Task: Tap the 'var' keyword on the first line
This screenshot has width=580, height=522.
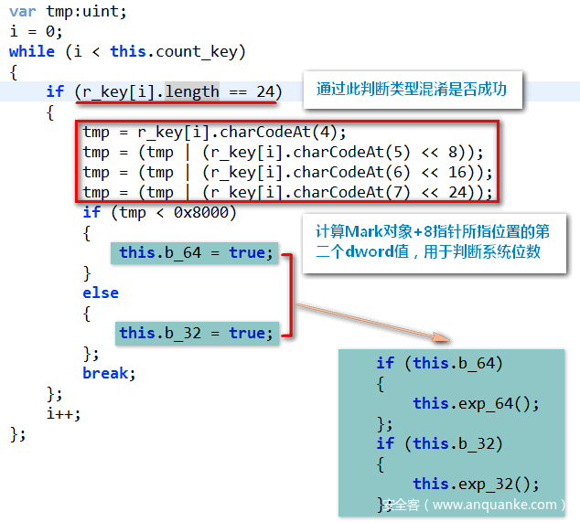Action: point(24,11)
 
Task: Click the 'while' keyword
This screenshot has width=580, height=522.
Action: point(32,51)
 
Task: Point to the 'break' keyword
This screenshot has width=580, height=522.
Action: point(107,373)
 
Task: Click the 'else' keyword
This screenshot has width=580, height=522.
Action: point(101,293)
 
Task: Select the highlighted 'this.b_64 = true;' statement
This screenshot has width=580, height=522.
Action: point(196,252)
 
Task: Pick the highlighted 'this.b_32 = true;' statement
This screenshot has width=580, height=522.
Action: point(196,333)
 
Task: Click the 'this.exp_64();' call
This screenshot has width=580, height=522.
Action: point(476,403)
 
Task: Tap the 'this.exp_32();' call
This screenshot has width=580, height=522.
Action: point(476,484)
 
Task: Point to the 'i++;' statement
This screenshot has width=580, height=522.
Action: point(63,413)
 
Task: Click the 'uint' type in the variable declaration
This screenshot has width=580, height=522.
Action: point(102,11)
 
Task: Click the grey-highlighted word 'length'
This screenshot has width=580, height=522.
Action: point(192,91)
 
